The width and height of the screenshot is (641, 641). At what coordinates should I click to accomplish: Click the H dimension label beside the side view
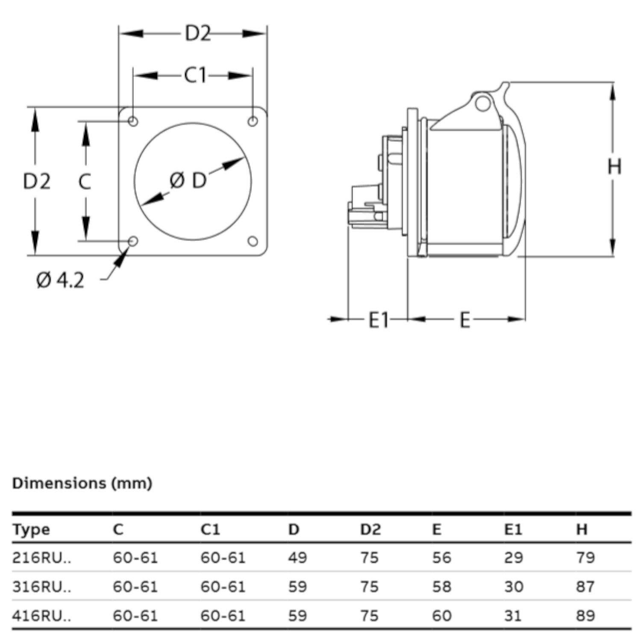(x=614, y=166)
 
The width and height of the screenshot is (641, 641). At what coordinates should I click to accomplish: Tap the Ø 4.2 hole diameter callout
(x=60, y=280)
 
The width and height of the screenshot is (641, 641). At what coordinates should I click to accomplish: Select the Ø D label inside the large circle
(x=188, y=181)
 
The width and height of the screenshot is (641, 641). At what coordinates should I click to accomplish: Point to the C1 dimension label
(x=195, y=76)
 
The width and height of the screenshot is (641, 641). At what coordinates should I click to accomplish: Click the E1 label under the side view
(x=379, y=320)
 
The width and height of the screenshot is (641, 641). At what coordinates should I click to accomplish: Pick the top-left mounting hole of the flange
(x=133, y=121)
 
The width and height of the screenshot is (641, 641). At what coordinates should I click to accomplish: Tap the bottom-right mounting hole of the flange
(x=253, y=241)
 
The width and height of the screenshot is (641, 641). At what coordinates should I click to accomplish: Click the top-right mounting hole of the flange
(x=253, y=121)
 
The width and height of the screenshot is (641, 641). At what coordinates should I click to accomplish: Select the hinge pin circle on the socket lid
(x=482, y=103)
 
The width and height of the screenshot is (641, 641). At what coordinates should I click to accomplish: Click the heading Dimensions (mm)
(x=82, y=483)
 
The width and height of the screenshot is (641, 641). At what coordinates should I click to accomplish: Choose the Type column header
(x=31, y=529)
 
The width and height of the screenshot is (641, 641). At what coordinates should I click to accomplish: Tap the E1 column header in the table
(x=513, y=529)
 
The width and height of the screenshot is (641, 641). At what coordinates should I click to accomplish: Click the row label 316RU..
(x=41, y=587)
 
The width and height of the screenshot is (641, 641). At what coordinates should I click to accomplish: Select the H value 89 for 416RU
(x=585, y=616)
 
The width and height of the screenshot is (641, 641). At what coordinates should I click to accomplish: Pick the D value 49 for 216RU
(x=297, y=558)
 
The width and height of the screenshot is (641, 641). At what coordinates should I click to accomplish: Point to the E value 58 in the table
(x=441, y=587)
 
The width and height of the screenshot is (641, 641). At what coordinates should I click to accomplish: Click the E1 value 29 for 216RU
(x=513, y=558)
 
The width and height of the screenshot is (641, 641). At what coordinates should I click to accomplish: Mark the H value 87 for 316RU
(x=585, y=587)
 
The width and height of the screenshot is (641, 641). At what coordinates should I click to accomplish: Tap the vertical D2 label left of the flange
(x=37, y=181)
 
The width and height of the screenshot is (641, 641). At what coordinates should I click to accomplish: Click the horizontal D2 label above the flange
(x=198, y=33)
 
